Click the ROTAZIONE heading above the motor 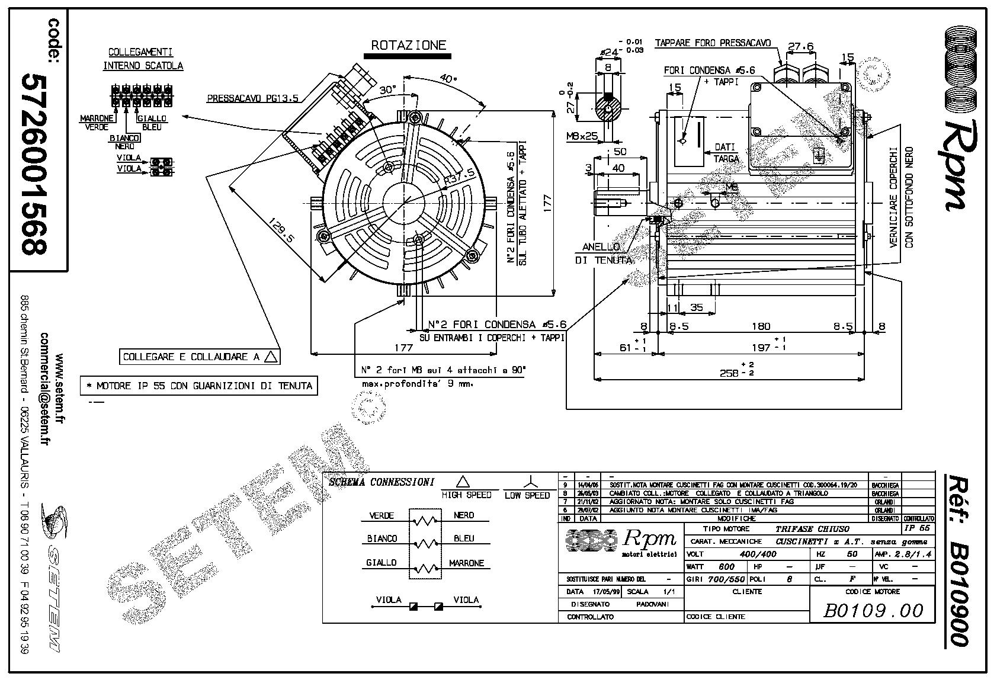408,45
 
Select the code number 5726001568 34,163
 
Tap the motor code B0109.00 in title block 873,611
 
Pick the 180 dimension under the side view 761,326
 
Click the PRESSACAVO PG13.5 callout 252,99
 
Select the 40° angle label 448,79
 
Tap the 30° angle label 387,90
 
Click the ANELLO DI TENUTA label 602,254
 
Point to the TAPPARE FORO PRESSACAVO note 713,43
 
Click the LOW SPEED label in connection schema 527,495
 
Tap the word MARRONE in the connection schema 466,563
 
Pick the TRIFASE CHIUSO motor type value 812,528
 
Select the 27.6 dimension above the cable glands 801,46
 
